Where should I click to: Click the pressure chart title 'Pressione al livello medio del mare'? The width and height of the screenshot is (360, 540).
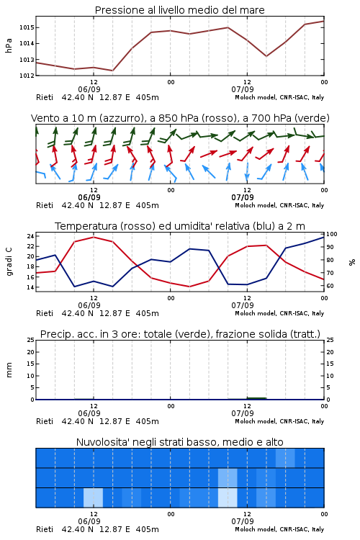coord(179,10)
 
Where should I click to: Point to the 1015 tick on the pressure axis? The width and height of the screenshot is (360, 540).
coord(26,27)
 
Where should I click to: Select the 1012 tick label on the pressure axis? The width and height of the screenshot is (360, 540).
coord(26,76)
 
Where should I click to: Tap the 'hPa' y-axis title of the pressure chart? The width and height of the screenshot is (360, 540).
coord(9,45)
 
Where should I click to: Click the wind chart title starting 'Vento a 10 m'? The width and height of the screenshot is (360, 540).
coord(180,118)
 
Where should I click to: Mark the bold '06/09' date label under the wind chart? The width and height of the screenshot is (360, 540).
coord(89,197)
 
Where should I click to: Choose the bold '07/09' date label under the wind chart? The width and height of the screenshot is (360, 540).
coord(243,197)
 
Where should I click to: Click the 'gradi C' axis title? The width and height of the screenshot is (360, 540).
coord(9,262)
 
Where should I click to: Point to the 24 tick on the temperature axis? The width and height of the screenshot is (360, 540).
coord(30,236)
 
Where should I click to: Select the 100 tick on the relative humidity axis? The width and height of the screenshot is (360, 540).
coord(332,234)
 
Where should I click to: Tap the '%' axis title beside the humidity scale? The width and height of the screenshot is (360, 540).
coord(352,262)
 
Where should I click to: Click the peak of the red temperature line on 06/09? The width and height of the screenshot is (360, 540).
coord(94,238)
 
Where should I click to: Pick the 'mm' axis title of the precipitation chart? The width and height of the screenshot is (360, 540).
coord(9,370)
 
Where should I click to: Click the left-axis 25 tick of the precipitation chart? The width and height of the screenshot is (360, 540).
coord(30,341)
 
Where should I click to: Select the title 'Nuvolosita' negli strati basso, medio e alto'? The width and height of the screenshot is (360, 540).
coord(179,442)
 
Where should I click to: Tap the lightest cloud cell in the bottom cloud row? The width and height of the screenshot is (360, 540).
coord(228,498)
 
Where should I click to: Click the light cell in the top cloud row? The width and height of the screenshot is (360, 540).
coord(285,458)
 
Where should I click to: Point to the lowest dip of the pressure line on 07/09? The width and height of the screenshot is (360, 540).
coord(266,56)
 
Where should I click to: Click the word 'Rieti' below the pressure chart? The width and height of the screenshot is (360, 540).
coord(45,97)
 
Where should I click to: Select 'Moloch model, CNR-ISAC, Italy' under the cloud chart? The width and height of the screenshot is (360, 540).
coord(279,529)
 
